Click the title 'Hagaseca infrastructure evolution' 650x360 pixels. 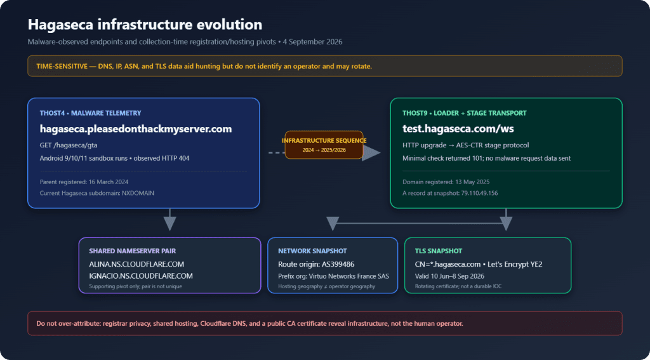tap(145, 25)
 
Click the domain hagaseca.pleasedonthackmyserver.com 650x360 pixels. tap(136, 129)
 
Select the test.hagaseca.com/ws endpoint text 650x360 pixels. tap(458, 129)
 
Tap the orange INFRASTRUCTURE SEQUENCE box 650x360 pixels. tap(324, 145)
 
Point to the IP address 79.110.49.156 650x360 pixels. tap(480, 193)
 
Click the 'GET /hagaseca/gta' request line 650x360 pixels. tap(69, 145)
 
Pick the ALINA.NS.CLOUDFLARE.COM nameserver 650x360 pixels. tap(136, 264)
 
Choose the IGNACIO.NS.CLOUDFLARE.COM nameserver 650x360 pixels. tap(141, 276)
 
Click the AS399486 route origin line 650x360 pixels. tap(316, 264)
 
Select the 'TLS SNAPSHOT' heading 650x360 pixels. tap(439, 251)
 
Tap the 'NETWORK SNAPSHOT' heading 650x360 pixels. tap(312, 251)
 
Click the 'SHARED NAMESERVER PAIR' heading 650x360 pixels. tap(135, 251)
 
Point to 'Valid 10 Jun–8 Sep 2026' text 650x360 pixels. tap(449, 276)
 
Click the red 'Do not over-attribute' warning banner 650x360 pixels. tap(325, 323)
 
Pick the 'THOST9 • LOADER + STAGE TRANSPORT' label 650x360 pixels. tap(464, 113)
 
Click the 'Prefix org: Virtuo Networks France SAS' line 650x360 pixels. tap(334, 276)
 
